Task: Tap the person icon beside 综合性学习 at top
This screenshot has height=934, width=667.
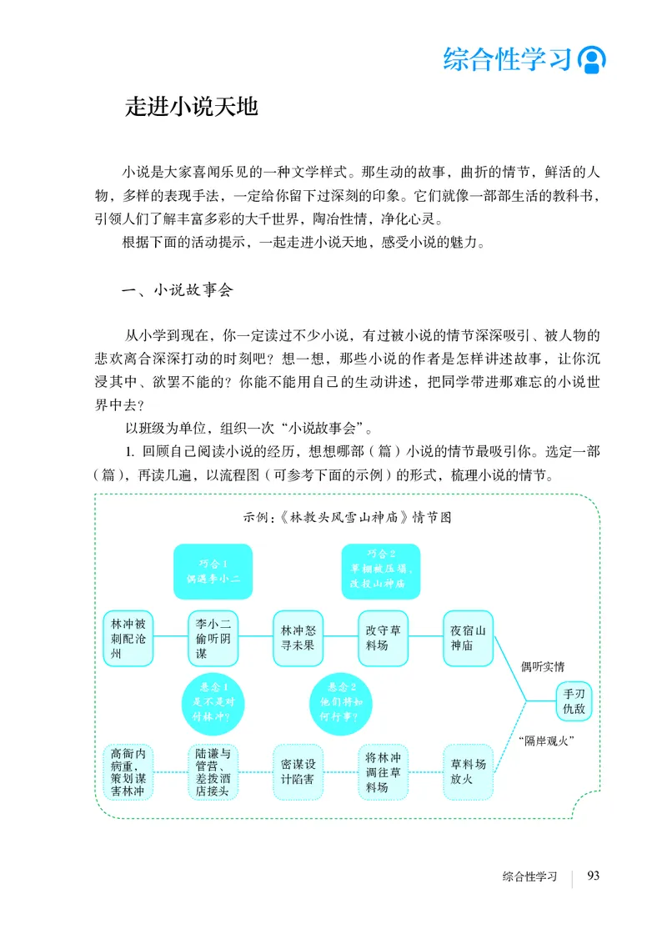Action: pyautogui.click(x=592, y=59)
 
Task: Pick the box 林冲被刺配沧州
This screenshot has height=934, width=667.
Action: pyautogui.click(x=128, y=639)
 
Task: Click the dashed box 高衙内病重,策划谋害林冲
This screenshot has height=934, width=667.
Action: pyautogui.click(x=128, y=772)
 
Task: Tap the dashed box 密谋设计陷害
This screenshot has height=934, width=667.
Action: pyautogui.click(x=298, y=772)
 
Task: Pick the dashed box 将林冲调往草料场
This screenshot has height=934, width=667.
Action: pyautogui.click(x=383, y=772)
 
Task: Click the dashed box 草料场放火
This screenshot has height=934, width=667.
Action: pyautogui.click(x=468, y=772)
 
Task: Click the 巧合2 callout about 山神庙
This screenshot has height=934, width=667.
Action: pyautogui.click(x=381, y=572)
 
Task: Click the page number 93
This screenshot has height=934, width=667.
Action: pyautogui.click(x=594, y=875)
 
